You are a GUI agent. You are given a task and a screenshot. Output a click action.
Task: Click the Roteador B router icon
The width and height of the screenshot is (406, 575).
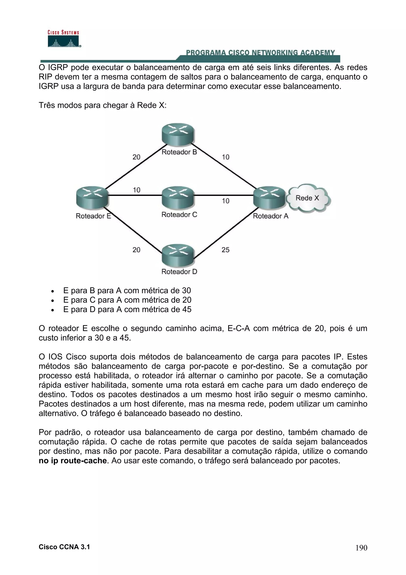tap(178, 135)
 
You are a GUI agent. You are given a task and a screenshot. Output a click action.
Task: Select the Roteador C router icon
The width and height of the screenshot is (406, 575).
tap(178, 198)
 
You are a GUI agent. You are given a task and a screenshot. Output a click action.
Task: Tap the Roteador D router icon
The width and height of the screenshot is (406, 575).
tap(178, 255)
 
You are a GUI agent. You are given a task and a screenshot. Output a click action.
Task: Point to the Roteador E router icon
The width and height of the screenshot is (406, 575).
tap(92, 198)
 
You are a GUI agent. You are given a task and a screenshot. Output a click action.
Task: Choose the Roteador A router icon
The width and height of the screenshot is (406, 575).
tap(269, 198)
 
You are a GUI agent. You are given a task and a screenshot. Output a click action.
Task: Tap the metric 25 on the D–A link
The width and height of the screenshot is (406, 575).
tap(225, 250)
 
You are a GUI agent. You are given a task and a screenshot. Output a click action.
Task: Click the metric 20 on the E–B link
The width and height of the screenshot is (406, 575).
tap(136, 157)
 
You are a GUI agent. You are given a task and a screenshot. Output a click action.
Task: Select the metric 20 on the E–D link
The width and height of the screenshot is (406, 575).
tap(136, 250)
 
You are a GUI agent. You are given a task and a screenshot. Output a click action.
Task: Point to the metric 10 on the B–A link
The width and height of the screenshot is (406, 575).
tap(225, 157)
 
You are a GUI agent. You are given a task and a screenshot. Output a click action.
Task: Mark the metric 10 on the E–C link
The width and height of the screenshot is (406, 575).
tap(137, 190)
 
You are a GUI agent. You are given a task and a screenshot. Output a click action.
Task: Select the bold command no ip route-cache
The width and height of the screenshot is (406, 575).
tap(73, 461)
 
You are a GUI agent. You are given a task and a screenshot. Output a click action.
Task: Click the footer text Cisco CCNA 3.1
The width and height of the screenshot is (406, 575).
tap(64, 547)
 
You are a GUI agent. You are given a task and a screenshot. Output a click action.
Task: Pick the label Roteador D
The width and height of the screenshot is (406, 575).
tap(179, 271)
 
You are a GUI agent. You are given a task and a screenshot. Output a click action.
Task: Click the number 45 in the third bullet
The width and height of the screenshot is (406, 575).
tap(187, 309)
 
